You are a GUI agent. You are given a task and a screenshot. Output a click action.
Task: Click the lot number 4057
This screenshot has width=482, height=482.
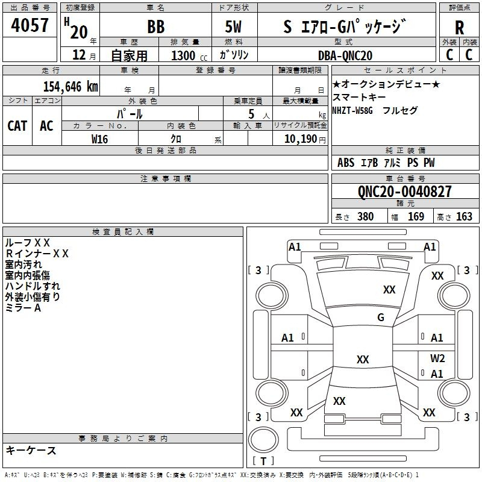30,26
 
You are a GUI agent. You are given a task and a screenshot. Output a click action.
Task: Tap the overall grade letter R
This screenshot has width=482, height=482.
459,28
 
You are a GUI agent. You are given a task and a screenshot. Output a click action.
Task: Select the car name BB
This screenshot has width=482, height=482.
155,28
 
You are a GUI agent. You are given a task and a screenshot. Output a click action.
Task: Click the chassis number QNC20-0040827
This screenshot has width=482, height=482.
404,192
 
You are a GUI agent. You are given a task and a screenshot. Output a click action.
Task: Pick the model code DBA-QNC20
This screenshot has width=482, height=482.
345,55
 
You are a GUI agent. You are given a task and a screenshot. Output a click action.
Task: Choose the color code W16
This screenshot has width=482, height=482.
100,139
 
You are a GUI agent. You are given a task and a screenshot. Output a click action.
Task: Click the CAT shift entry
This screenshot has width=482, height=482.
17,125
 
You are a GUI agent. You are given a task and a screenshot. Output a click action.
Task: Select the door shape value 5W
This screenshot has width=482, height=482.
234,28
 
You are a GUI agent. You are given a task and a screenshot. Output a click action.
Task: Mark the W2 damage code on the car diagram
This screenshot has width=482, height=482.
437,358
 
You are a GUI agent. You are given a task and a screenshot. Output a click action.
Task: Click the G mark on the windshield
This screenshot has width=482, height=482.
381,318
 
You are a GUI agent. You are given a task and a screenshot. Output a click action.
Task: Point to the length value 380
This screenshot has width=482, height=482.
365,217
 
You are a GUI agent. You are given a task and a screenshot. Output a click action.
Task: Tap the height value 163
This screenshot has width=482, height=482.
464,217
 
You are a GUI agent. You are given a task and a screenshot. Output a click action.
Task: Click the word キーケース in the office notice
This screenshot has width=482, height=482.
31,450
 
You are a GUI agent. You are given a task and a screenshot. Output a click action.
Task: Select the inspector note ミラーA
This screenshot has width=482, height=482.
23,308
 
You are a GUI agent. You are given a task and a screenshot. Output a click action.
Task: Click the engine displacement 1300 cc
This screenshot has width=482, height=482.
186,55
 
